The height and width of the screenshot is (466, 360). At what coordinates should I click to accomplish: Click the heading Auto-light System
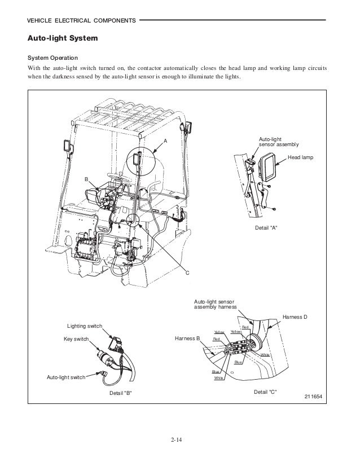point(63,39)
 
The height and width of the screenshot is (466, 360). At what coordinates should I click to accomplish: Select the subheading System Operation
point(53,59)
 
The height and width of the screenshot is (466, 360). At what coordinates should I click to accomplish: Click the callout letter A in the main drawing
point(165,140)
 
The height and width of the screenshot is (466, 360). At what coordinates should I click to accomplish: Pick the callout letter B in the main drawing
point(86,179)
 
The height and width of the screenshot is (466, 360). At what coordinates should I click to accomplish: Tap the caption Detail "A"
point(267,227)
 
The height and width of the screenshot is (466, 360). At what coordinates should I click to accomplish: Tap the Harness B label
point(188,338)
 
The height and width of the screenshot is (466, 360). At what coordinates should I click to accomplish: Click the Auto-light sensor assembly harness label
point(216,305)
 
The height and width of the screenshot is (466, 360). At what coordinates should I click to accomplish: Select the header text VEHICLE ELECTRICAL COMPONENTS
point(78,21)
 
